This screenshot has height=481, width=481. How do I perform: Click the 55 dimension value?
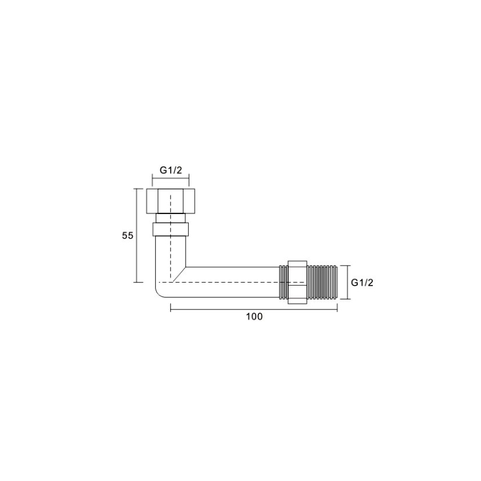point(127,236)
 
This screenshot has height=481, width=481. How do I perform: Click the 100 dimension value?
point(254,316)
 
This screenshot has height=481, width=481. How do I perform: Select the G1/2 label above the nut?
point(171,170)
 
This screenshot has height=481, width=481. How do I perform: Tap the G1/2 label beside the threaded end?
point(362,283)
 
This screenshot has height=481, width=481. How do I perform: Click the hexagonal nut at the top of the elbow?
point(171,201)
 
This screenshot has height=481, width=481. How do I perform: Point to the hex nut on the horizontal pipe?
point(297,282)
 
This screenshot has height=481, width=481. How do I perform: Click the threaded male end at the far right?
point(322,282)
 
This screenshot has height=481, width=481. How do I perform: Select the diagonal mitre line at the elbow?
point(179,274)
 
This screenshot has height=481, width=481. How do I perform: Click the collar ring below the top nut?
point(171,229)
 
